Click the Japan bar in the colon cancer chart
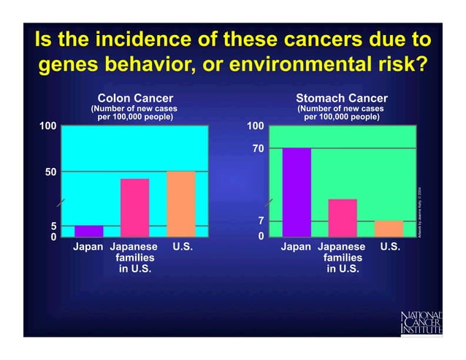point(88,231)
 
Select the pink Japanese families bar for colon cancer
point(134,207)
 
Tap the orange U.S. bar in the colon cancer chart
point(181,204)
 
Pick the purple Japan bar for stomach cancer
point(297,192)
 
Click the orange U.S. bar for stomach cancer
point(389,228)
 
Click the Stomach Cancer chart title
point(342,98)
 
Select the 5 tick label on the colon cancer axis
point(53,226)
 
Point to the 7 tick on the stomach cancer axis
point(261,221)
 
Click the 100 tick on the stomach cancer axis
point(255,126)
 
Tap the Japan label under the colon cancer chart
point(88,248)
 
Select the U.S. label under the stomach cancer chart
point(390,248)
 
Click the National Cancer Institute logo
point(422,322)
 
